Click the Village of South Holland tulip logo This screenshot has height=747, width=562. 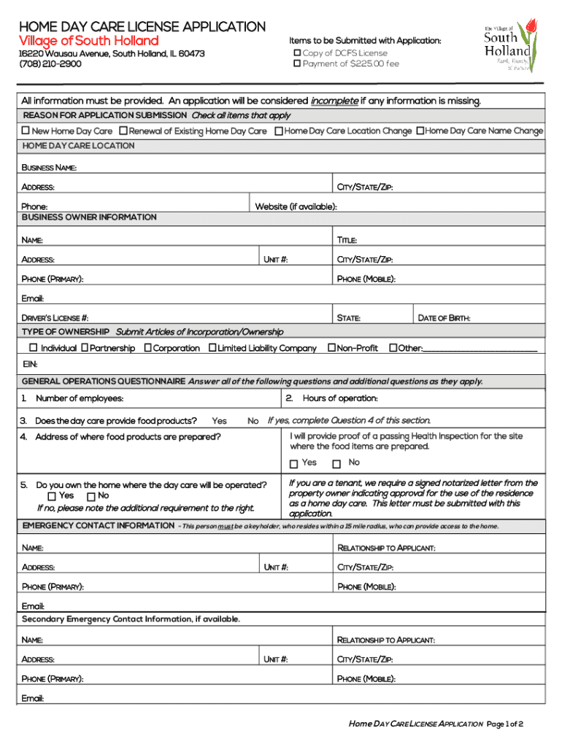[510, 46]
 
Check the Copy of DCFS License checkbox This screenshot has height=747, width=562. [297, 53]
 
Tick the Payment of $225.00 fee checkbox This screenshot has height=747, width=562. [297, 64]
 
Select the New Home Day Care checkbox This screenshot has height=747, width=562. [26, 131]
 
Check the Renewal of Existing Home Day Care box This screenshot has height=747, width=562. [123, 131]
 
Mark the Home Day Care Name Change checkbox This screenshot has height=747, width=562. [420, 131]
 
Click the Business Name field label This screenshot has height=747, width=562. [49, 168]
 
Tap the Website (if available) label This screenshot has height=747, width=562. [296, 206]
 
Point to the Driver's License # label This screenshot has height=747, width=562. [55, 318]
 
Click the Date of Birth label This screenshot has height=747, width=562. [444, 318]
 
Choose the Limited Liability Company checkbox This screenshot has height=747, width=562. [212, 348]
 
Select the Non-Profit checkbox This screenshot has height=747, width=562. [331, 348]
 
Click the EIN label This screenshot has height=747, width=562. [30, 364]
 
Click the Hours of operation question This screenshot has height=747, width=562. [339, 398]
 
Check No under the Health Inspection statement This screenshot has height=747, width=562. [336, 464]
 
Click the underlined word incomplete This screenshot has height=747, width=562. [334, 101]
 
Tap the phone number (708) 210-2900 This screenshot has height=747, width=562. [50, 64]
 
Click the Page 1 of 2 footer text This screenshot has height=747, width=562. [505, 724]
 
